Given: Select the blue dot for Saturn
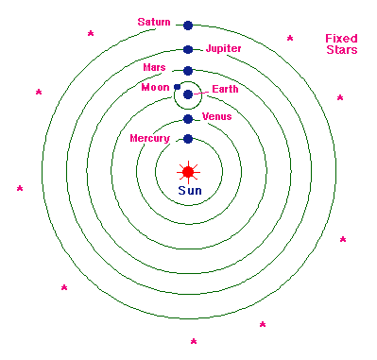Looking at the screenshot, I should pos(188,26).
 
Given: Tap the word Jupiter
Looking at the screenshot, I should pos(223,47).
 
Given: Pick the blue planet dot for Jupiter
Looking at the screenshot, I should pos(188,49).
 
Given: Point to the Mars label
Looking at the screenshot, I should pos(154,68).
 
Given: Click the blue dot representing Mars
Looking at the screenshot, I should pos(188,71).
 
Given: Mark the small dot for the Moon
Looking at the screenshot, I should pos(177,86).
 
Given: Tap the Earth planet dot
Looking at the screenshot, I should pos(188,94).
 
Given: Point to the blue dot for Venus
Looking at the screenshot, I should pos(188,119).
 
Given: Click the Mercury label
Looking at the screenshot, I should pos(149,139).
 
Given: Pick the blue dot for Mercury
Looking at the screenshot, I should pos(188,139).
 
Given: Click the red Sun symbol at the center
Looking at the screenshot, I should pos(188,171).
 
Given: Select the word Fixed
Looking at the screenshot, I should pos(340,39).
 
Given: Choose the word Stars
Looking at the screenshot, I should pos(340,50).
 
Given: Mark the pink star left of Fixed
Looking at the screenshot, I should pos(290,39).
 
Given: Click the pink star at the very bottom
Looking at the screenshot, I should pos(194,341).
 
